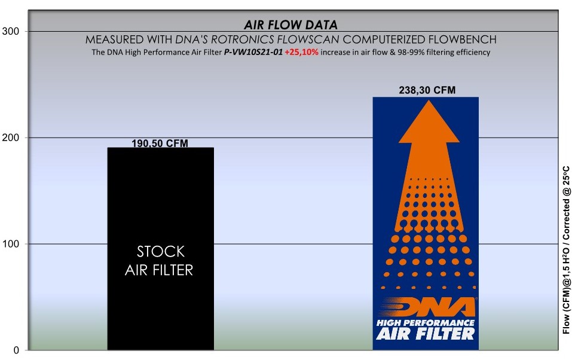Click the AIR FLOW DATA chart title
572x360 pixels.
[290, 25]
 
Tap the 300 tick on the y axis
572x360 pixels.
[11, 32]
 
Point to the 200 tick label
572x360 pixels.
[11, 138]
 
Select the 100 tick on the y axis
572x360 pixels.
[11, 244]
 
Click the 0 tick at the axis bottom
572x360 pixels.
[16, 350]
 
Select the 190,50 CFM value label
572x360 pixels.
[160, 143]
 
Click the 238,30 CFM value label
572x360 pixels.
[427, 90]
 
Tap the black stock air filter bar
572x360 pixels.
[161, 249]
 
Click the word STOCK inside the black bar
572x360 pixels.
[161, 252]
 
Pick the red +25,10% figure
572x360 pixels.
[301, 52]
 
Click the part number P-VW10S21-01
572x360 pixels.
[253, 52]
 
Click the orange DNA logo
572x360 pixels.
[427, 307]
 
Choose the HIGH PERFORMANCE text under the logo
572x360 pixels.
[426, 323]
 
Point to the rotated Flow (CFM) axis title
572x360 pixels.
[566, 250]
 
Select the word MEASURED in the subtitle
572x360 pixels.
[115, 39]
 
